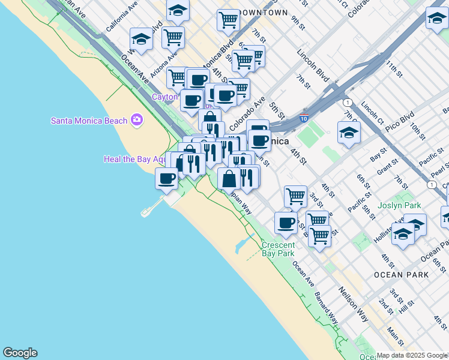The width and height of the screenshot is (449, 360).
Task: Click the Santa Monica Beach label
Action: [x=89, y=121]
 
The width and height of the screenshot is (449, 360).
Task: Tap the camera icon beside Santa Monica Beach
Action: [x=137, y=120]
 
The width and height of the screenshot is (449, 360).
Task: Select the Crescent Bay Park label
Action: [x=278, y=249]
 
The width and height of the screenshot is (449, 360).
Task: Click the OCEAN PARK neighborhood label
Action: [x=401, y=275]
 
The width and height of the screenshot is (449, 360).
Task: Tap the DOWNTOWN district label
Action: [x=262, y=13]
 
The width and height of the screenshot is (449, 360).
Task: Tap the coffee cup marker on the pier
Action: [x=166, y=178]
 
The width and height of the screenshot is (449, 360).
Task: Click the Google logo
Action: [x=20, y=353]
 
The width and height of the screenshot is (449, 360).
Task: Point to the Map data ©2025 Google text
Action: [x=412, y=355]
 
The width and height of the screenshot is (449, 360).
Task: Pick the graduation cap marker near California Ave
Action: [x=141, y=40]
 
